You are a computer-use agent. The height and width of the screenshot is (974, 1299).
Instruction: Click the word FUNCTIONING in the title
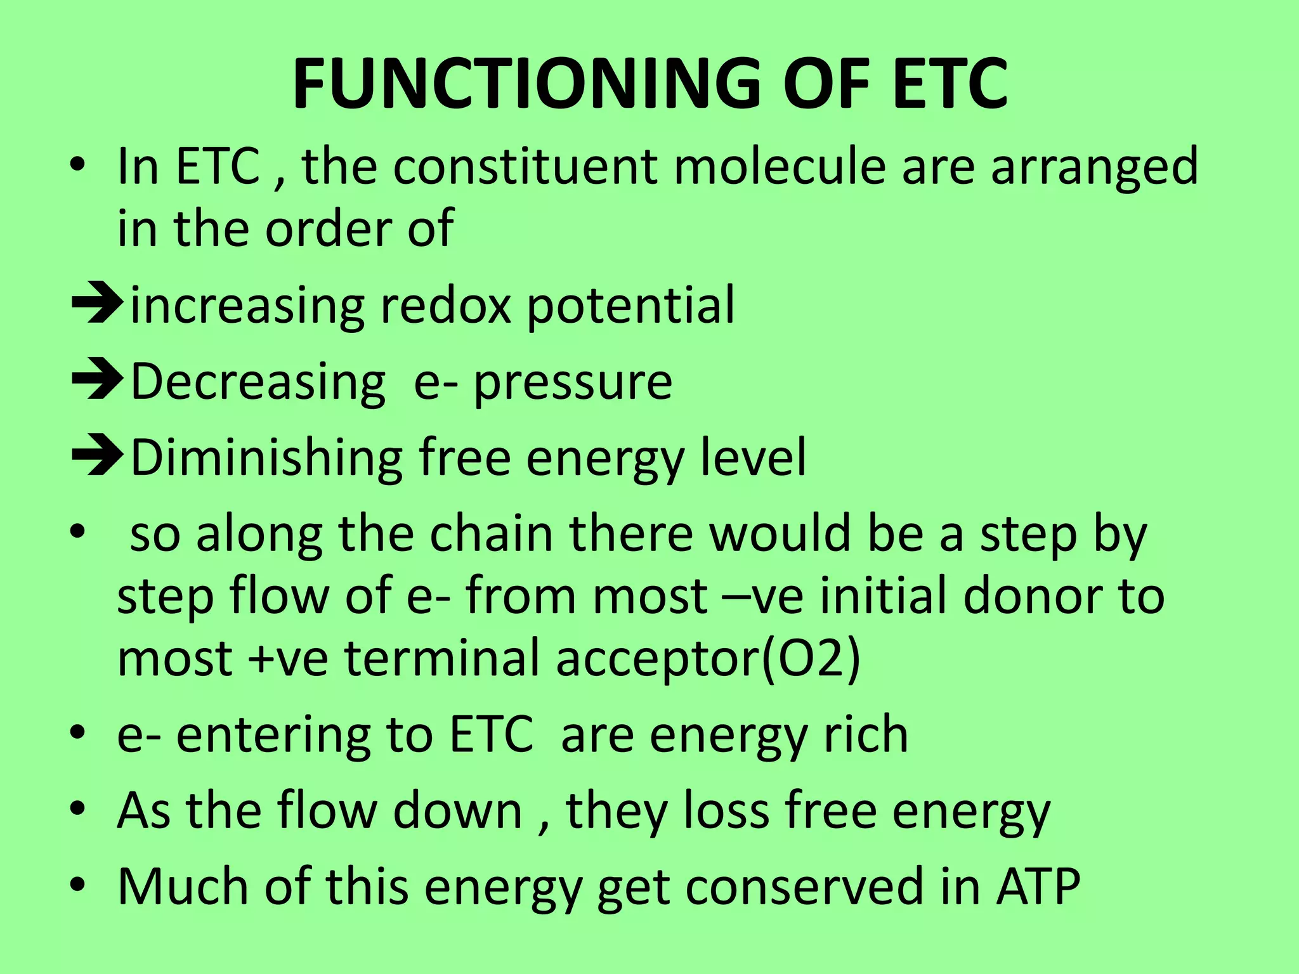(526, 84)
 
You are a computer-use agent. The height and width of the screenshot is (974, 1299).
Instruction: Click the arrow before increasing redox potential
(97, 305)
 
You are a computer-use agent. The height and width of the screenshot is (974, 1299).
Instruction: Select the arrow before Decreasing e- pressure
(97, 381)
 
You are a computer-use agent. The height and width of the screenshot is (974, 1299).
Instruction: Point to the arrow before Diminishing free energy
(97, 457)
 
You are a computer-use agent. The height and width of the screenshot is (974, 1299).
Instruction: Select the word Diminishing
(266, 458)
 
